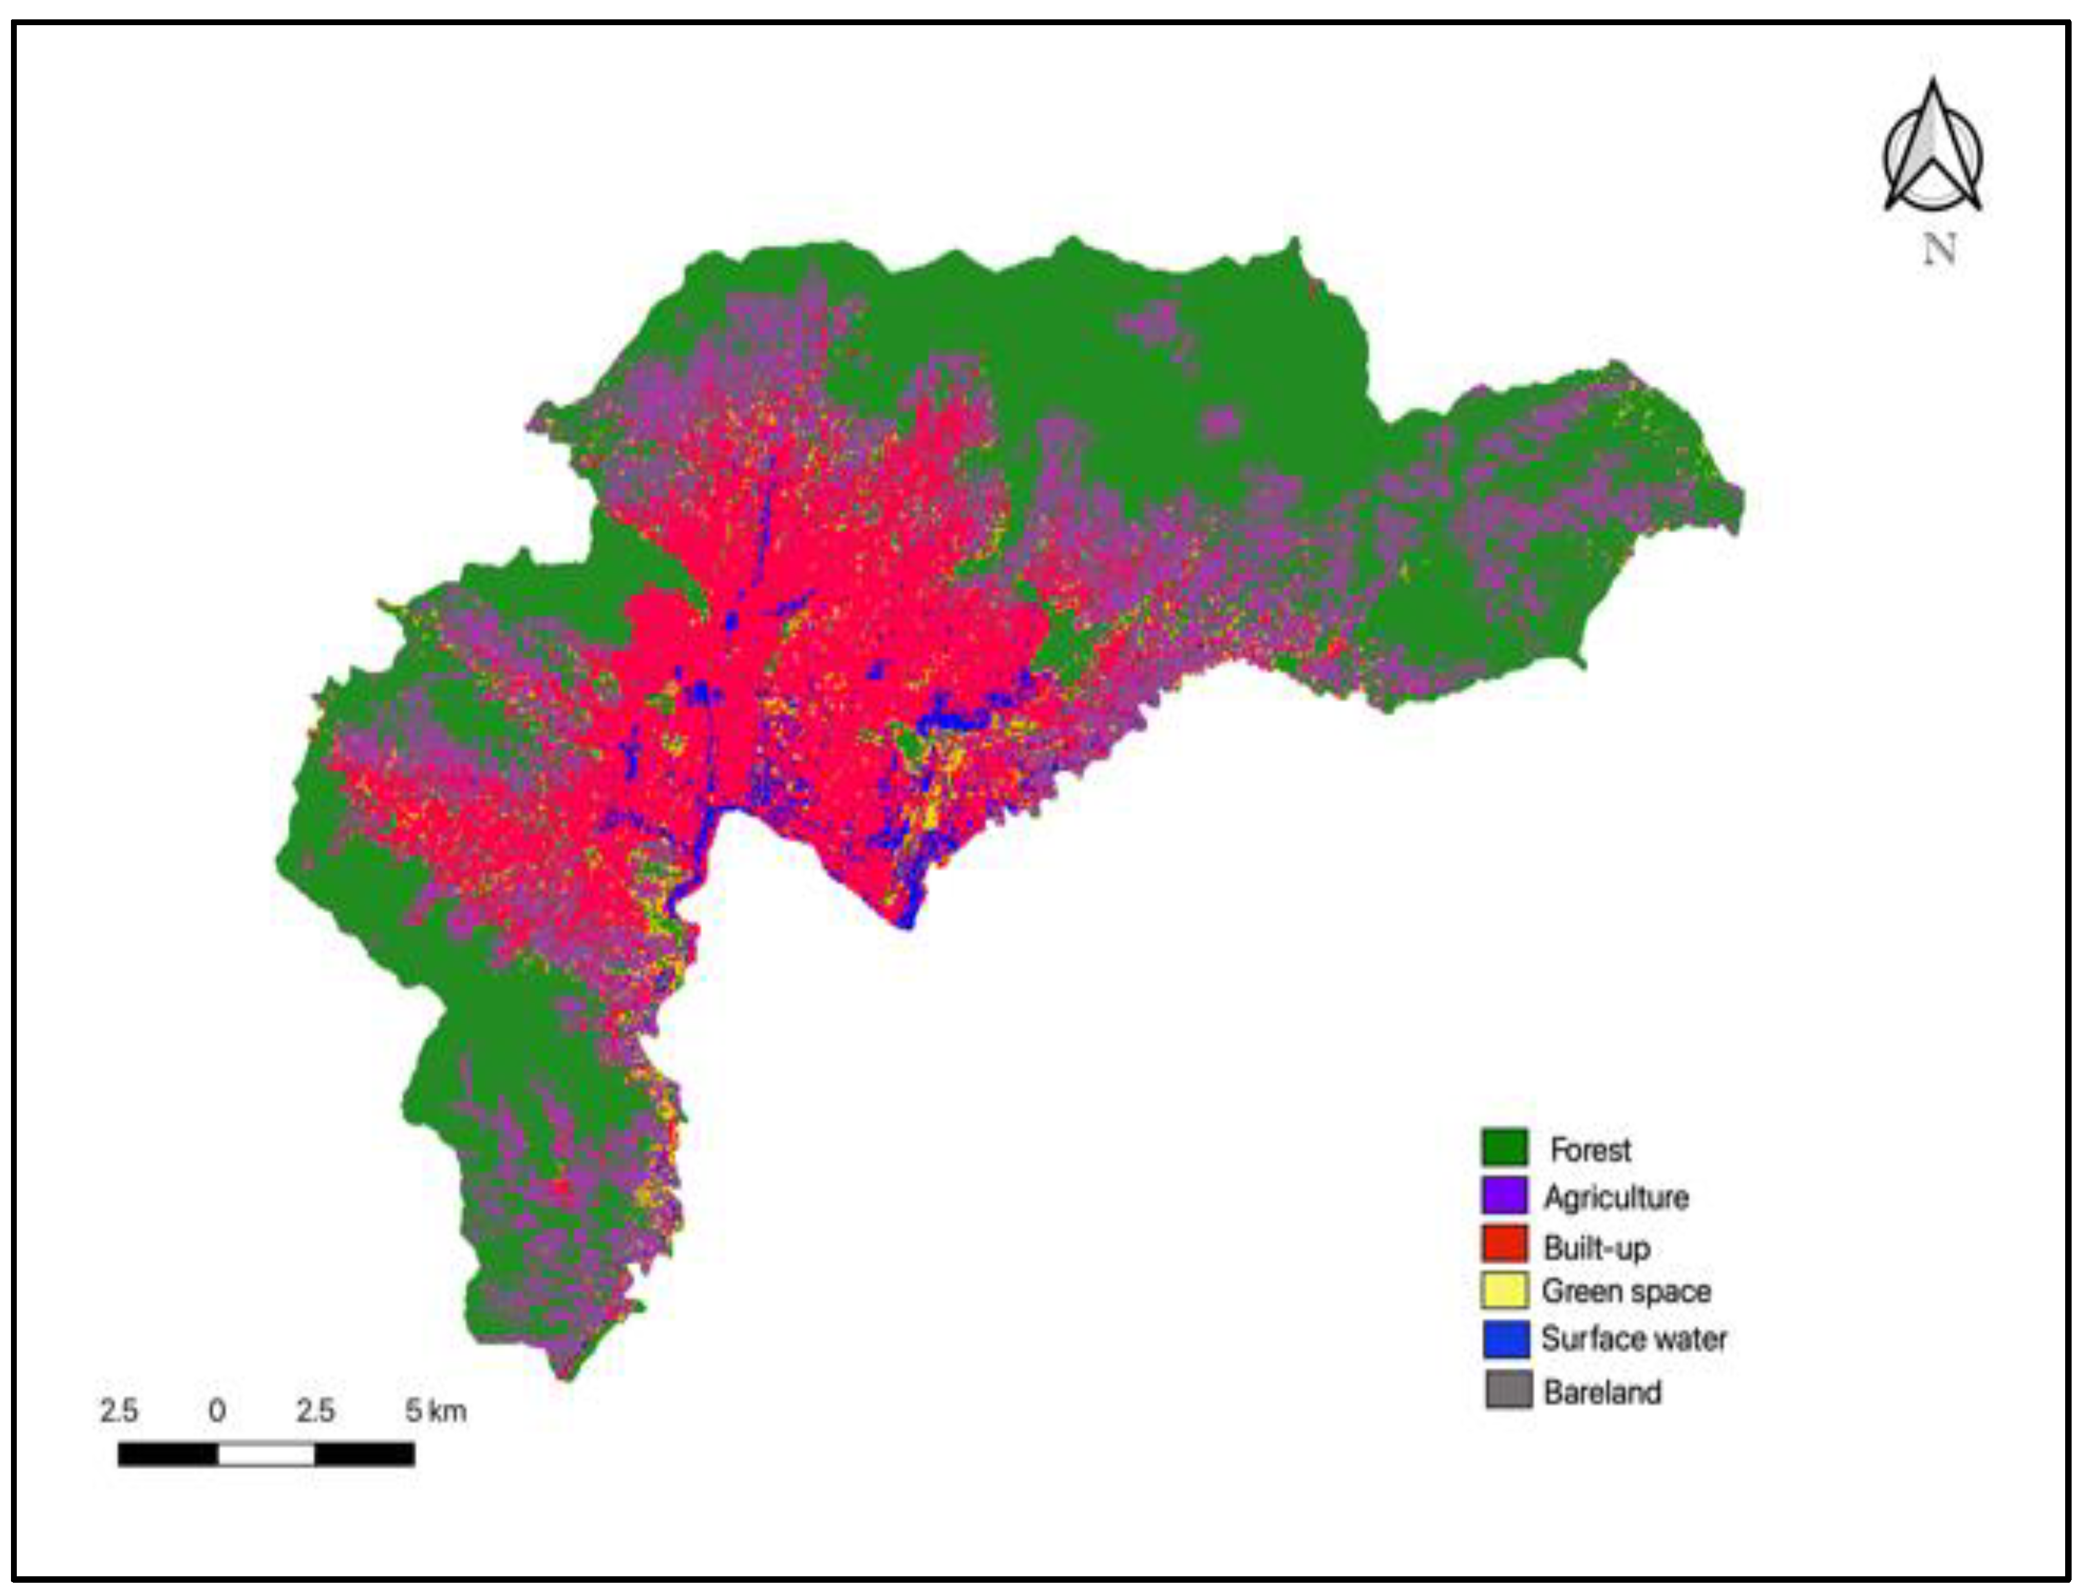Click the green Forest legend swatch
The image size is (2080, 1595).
point(1505,1147)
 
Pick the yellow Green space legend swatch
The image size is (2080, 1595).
point(1505,1291)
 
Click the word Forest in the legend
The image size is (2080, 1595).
point(1590,1150)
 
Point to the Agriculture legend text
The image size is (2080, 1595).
point(1615,1197)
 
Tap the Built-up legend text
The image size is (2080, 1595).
point(1597,1247)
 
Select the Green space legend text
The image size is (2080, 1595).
point(1626,1291)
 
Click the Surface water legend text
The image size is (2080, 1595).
point(1634,1339)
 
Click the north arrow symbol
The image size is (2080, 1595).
point(1932,152)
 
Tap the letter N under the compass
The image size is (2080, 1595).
point(1939,250)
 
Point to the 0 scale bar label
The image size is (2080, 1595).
point(216,1411)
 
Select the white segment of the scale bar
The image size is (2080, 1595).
point(266,1454)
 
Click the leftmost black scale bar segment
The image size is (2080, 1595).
point(168,1454)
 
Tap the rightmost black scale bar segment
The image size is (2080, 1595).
point(365,1454)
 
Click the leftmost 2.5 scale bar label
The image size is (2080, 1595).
point(119,1411)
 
